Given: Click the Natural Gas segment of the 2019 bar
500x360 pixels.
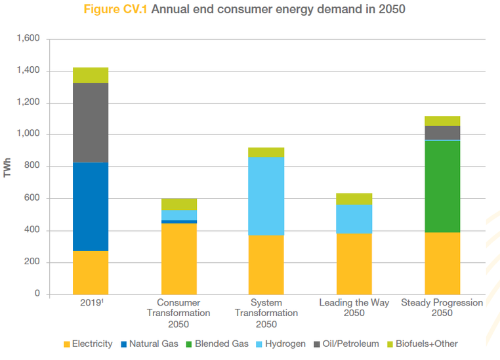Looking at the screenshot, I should pos(91,207).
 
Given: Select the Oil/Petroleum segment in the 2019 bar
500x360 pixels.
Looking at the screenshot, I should pos(91,123).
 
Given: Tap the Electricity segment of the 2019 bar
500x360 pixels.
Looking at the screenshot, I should pos(91,272).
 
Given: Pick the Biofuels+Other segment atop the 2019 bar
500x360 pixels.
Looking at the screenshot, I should pos(91,75).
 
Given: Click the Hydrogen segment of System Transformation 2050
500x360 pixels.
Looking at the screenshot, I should pos(266,196).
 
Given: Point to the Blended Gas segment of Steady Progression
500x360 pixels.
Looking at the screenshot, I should pos(442,186).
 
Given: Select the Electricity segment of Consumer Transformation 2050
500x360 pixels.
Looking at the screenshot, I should pos(178,258).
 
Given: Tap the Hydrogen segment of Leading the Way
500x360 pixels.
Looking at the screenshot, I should pos(354,218).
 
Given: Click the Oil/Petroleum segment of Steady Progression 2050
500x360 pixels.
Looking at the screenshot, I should pos(442,132).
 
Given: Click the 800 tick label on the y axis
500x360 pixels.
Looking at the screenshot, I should pos(33,167).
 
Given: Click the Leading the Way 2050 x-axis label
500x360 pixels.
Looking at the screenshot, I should pos(354,308).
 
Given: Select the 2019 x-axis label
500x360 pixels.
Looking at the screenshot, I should pos(90,303).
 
